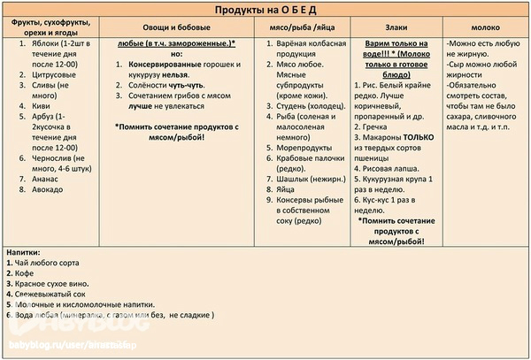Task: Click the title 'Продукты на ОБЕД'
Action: pos(265,10)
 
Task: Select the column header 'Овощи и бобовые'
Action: pos(177,28)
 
